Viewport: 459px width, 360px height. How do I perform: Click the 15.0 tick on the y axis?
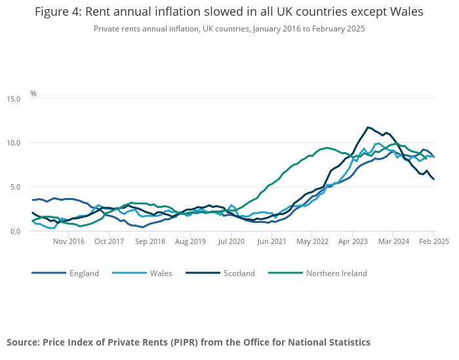tap(14, 99)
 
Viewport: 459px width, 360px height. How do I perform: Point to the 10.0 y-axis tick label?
tap(14, 143)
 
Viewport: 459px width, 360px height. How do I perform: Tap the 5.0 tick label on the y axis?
tap(16, 187)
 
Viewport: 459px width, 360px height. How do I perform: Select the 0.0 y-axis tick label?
tap(16, 231)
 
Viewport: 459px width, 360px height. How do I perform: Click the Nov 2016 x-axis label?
tap(69, 241)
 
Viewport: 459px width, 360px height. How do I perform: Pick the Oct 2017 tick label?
tap(109, 241)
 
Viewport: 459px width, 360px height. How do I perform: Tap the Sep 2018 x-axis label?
tap(150, 241)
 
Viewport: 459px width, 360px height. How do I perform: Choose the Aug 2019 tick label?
tap(190, 241)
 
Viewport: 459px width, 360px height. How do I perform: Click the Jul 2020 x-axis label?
tap(231, 241)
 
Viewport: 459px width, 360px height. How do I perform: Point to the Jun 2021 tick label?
tap(271, 241)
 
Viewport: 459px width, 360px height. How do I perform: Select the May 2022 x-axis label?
tap(312, 241)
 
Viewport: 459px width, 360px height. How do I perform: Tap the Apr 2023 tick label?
tap(353, 241)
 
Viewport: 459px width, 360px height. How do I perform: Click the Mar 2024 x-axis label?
tap(393, 241)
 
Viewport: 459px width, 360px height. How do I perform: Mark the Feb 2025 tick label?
tap(433, 241)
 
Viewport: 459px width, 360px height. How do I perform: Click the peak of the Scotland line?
tap(368, 127)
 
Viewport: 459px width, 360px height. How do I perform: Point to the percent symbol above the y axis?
tap(33, 94)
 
